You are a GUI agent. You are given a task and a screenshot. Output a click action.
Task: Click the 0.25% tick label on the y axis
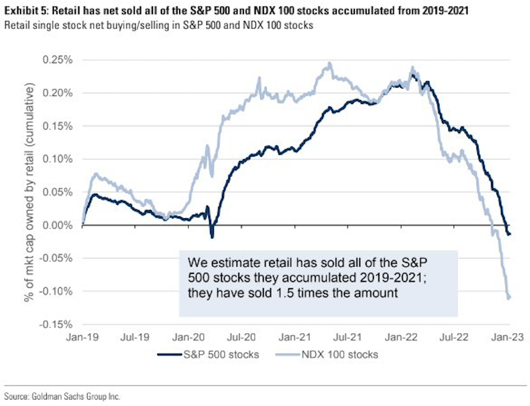[57, 60]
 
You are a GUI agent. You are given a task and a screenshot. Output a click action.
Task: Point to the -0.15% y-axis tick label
[56, 324]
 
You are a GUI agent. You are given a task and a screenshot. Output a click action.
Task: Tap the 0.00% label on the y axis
[57, 225]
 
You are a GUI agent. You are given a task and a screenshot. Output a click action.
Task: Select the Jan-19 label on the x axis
[82, 337]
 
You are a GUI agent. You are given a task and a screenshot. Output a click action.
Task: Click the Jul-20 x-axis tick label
[241, 337]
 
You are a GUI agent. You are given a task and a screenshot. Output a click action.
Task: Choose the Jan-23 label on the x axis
[507, 337]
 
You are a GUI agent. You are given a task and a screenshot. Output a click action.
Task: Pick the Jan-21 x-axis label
[295, 337]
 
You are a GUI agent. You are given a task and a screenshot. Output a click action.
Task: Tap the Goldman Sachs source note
[62, 396]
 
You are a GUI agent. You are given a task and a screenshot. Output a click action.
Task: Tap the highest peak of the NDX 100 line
[329, 63]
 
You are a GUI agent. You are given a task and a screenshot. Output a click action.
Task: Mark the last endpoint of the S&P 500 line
[510, 234]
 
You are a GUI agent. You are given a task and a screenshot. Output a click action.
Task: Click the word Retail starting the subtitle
[17, 25]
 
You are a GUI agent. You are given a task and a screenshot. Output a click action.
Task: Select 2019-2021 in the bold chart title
[445, 11]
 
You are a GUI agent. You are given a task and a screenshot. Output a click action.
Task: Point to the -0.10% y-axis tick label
[56, 291]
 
